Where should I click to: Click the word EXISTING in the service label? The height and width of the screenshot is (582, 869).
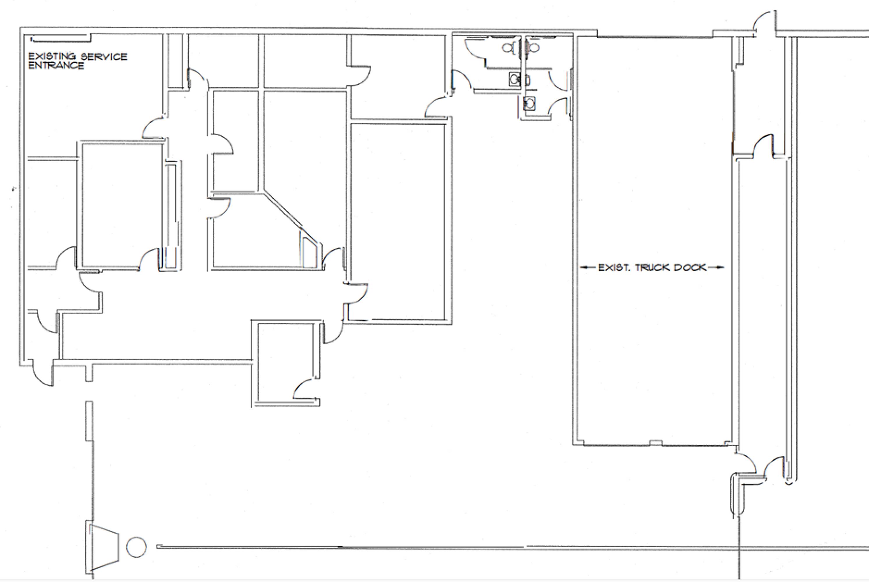pyautogui.click(x=52, y=56)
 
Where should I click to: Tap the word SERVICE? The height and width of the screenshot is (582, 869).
pyautogui.click(x=104, y=57)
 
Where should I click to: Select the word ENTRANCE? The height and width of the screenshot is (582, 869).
pyautogui.click(x=56, y=65)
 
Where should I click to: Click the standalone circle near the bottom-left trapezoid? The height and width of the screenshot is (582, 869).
pyautogui.click(x=136, y=547)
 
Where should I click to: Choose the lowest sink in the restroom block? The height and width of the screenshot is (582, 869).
pyautogui.click(x=529, y=104)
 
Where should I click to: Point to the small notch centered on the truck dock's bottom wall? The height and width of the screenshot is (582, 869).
pyautogui.click(x=656, y=442)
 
